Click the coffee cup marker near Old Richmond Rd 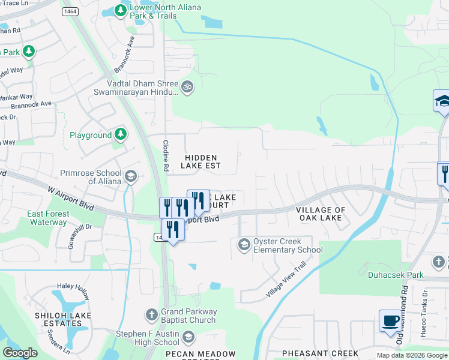click(x=390, y=320)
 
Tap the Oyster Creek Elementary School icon click(x=244, y=244)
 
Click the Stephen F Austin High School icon click(x=188, y=337)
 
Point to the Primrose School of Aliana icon click(x=131, y=176)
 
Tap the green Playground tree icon click(x=121, y=134)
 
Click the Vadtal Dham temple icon click(x=187, y=87)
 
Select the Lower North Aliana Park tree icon click(x=121, y=11)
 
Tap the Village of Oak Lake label click(x=321, y=214)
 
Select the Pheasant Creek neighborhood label click(x=320, y=353)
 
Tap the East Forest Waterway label click(x=47, y=218)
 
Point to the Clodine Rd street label click(x=166, y=153)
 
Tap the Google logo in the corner click(x=20, y=353)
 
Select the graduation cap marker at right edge click(x=442, y=101)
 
